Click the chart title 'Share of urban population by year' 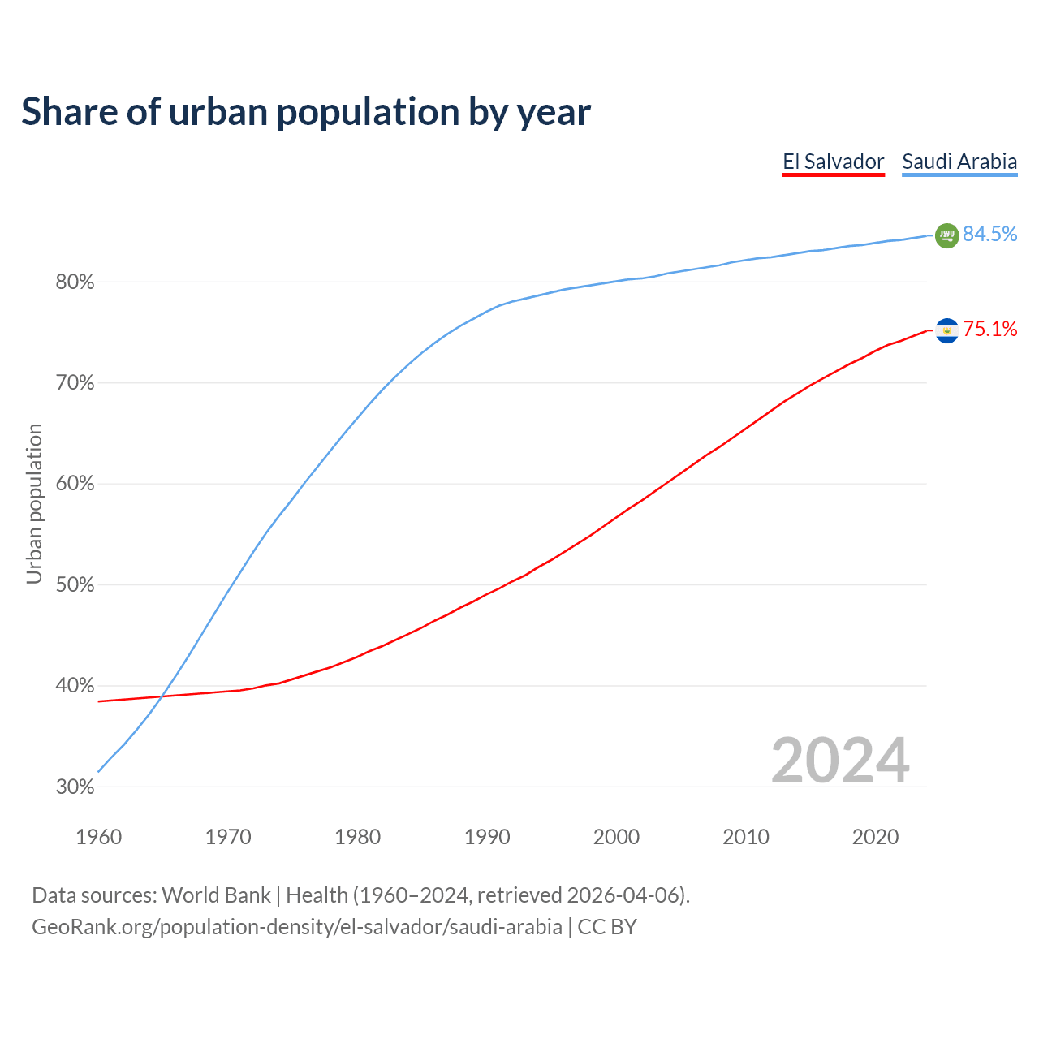point(306,112)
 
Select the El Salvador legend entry point(833,162)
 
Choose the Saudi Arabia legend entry point(959,162)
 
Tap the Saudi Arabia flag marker point(946,235)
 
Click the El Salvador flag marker point(946,330)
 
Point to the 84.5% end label point(989,235)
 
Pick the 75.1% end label point(989,330)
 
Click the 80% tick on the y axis point(75,282)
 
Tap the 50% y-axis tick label point(75,585)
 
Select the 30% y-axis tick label point(75,787)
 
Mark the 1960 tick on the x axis point(98,837)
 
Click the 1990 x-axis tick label point(487,837)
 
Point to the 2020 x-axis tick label point(875,837)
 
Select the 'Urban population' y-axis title point(34,503)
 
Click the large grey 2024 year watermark point(840,761)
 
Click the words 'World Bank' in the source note point(216,895)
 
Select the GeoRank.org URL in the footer point(296,927)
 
